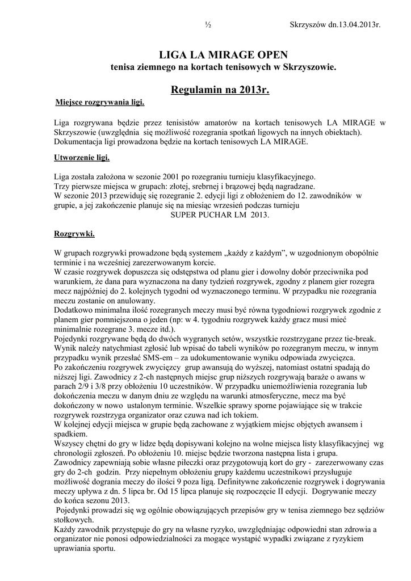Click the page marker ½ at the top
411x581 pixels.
coord(208,25)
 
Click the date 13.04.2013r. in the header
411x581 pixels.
coord(351,25)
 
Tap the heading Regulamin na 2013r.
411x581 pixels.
coord(220,90)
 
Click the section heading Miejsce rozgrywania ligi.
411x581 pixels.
coord(100,103)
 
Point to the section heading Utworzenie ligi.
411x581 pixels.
coord(82,157)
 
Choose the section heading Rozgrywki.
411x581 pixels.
coord(74,233)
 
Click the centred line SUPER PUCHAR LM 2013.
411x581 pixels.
coord(220,216)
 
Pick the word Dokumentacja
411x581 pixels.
coord(79,141)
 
